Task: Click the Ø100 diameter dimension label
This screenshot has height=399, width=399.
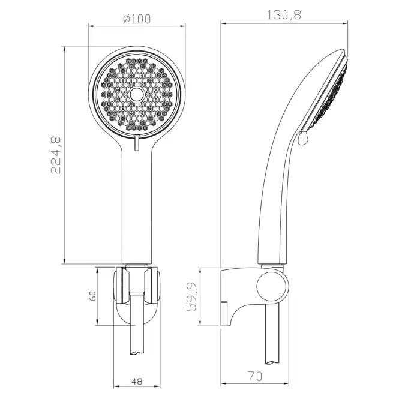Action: tap(137, 19)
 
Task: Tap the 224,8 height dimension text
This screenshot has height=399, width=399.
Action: tap(56, 155)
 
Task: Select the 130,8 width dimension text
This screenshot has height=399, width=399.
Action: tap(284, 15)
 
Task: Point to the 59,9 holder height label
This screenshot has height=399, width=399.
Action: tap(191, 297)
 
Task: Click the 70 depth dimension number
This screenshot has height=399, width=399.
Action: tap(255, 376)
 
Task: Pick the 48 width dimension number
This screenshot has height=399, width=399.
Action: tap(137, 381)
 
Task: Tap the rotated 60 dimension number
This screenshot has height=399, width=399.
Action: tap(93, 296)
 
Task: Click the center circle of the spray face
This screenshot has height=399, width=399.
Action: tap(137, 94)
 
